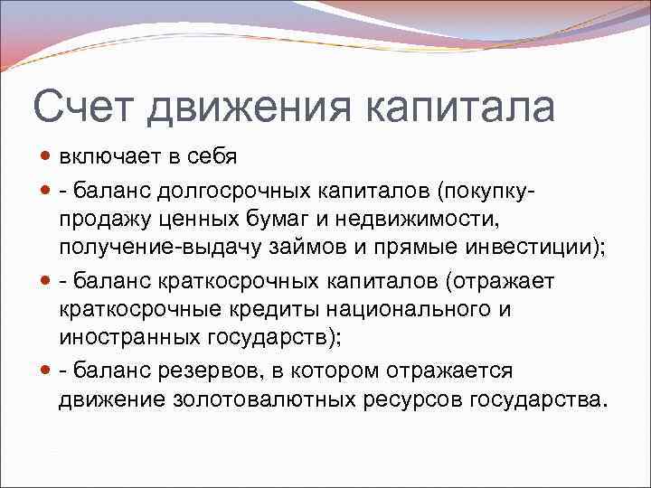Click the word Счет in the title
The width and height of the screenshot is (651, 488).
[83, 108]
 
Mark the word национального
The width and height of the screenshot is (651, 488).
[411, 308]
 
